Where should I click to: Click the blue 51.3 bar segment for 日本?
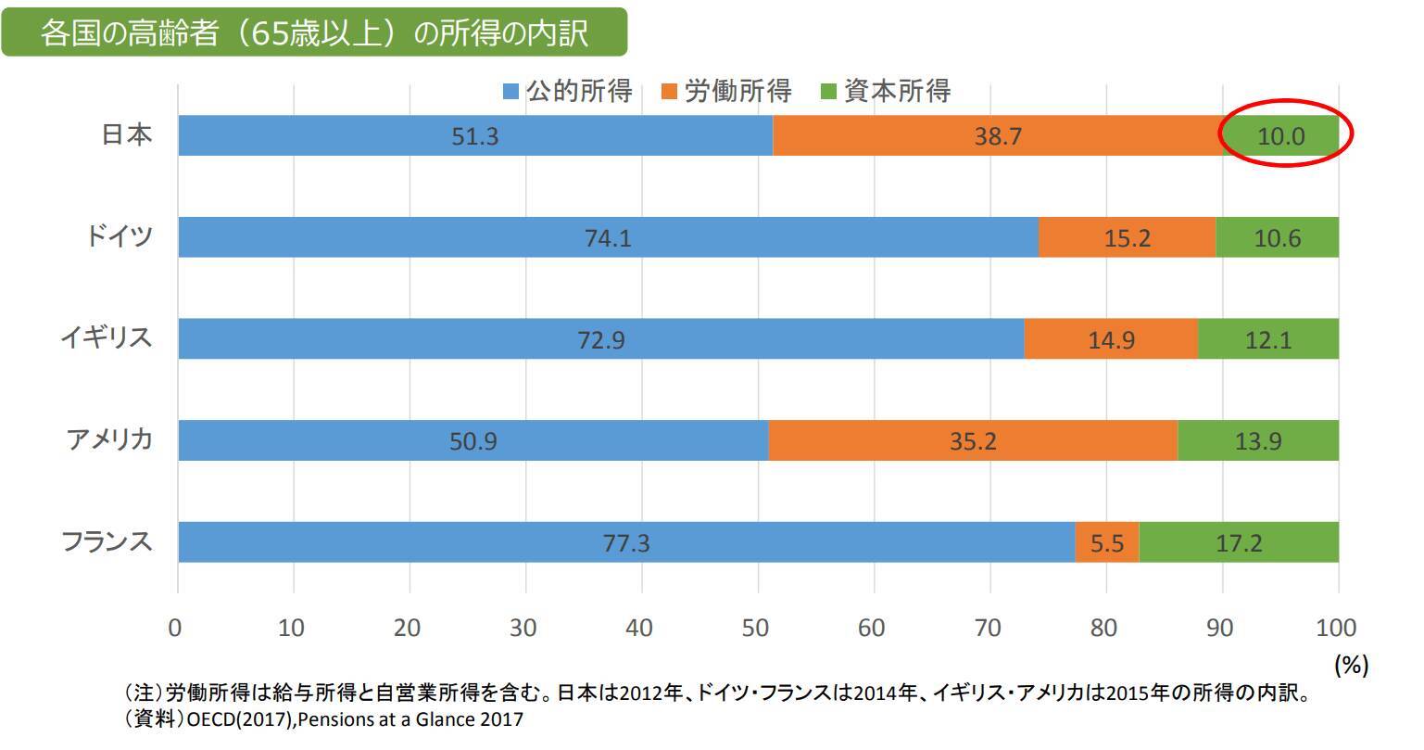474,135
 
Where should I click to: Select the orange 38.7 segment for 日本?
997,135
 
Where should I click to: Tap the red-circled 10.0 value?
1280,136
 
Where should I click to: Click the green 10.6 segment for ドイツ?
1277,237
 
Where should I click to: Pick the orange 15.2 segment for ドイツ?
1127,237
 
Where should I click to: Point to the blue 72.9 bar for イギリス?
600,339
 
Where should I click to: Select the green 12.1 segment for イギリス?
1267,339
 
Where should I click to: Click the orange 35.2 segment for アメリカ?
972,440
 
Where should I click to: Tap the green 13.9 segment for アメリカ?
1257,440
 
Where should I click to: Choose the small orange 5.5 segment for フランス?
1106,542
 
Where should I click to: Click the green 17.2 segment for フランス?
1238,542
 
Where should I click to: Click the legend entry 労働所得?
726,91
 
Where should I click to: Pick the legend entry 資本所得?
886,91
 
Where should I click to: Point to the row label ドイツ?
119,236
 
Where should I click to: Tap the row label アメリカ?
108,439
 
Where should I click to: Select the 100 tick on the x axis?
1335,628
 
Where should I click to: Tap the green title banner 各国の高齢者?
314,32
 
